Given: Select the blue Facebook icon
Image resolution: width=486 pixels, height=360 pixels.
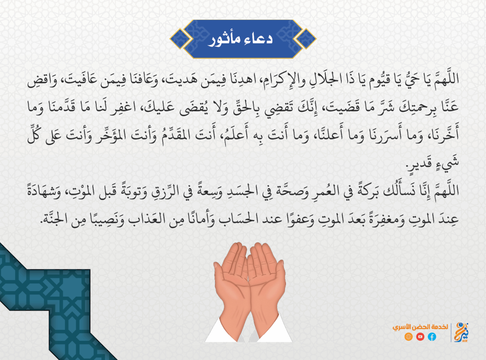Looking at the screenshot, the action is pyautogui.click(x=432, y=337).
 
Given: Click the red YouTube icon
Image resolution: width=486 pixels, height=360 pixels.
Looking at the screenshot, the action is pyautogui.click(x=420, y=337).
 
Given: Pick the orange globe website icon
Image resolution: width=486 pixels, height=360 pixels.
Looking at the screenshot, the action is pyautogui.click(x=409, y=337).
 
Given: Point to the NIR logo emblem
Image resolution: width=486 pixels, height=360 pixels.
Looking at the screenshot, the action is pyautogui.click(x=461, y=332).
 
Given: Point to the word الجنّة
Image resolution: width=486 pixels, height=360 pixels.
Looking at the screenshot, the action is pyautogui.click(x=56, y=219).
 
